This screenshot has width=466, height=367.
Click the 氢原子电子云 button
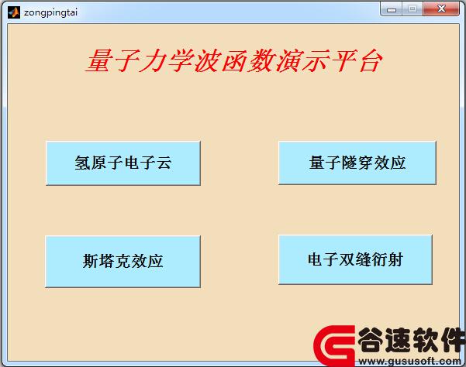click(123, 163)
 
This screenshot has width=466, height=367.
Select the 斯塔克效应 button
click(123, 262)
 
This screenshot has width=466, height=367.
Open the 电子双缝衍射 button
click(355, 259)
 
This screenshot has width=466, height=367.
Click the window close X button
click(441, 9)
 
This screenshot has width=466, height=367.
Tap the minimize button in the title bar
click(391, 9)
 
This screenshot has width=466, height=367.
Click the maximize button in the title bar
click(412, 9)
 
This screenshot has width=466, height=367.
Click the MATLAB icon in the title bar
click(14, 12)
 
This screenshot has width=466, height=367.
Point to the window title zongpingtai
click(50, 12)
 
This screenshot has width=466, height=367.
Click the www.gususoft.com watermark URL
click(409, 361)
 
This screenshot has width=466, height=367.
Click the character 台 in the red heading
click(370, 60)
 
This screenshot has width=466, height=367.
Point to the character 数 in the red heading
click(262, 60)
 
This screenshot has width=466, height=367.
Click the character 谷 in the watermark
click(371, 340)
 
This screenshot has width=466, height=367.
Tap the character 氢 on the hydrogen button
click(83, 163)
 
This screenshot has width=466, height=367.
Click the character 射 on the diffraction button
click(395, 259)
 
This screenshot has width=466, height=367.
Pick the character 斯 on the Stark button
click(91, 262)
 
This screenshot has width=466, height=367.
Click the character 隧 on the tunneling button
click(350, 163)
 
